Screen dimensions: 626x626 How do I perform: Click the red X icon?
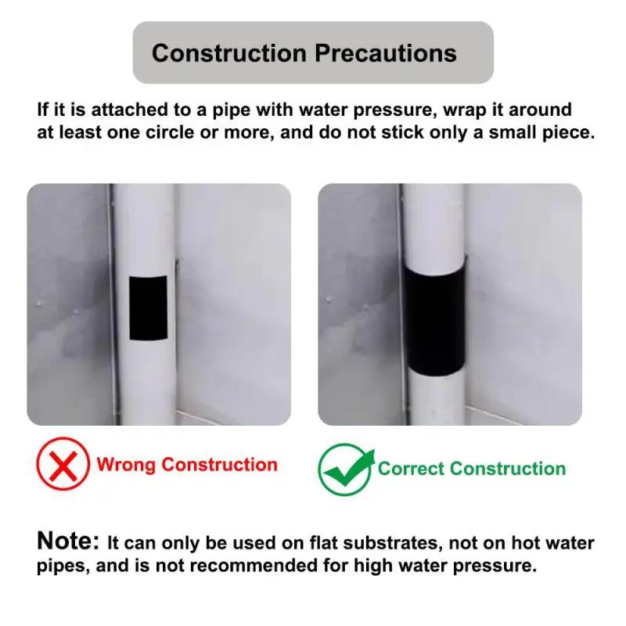click(63, 465)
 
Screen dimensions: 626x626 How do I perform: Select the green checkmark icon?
click(345, 469)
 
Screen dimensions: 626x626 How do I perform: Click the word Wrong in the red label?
click(126, 465)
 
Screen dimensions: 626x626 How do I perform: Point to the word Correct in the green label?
click(412, 469)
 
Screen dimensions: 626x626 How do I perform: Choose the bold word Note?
click(69, 541)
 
